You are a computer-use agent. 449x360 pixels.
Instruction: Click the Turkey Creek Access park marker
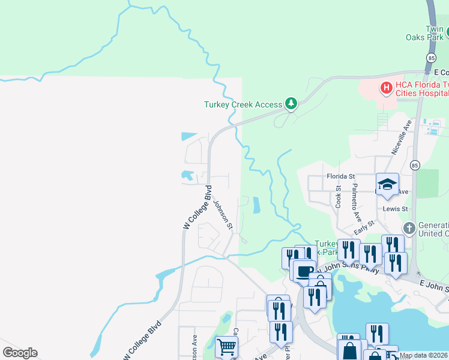pos(291,104)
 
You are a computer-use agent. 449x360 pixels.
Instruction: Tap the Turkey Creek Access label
pos(243,104)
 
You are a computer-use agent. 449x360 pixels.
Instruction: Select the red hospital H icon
pos(386,88)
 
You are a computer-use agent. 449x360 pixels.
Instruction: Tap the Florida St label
pos(341,176)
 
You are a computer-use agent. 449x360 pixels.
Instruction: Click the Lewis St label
pos(396,209)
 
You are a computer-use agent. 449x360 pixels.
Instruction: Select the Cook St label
pos(339,196)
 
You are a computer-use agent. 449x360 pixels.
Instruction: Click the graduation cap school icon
pos(387,184)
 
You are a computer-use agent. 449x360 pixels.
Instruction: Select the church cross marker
pos(409,228)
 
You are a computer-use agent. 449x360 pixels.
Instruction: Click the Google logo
pos(20,353)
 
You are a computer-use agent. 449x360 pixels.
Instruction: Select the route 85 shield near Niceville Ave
pos(415,165)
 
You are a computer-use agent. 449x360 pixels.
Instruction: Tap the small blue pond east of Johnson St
pos(256,205)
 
